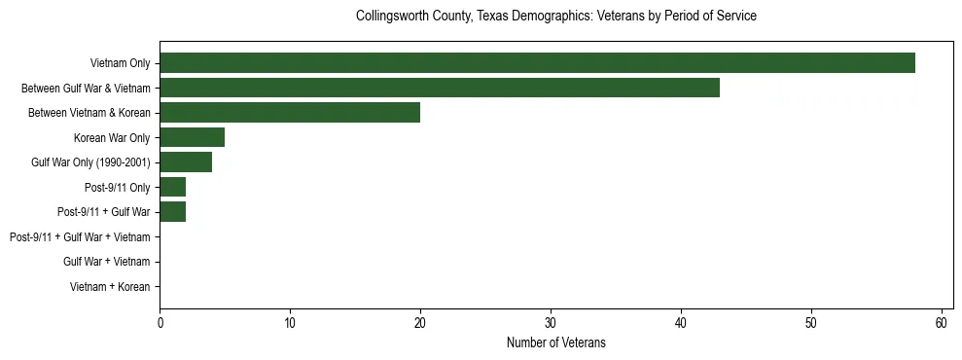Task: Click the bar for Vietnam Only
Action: [537, 63]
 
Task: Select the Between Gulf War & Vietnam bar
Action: [440, 88]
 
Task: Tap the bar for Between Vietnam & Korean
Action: [290, 113]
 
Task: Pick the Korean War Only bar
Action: [192, 137]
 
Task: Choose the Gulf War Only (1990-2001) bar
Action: [186, 162]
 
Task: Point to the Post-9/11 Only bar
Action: [172, 187]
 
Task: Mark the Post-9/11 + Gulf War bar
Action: [172, 212]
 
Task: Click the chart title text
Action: [556, 17]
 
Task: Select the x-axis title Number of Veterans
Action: [556, 342]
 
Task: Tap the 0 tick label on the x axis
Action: [160, 323]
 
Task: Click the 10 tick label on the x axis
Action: [290, 323]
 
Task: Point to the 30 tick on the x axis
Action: [551, 323]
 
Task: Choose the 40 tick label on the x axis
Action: [681, 323]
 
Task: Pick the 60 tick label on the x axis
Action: [941, 323]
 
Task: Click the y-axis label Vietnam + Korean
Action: [110, 287]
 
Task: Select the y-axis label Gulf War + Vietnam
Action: [106, 262]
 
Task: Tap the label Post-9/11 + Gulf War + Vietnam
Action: [80, 237]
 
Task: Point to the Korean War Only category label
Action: [112, 138]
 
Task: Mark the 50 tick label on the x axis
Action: [811, 323]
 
